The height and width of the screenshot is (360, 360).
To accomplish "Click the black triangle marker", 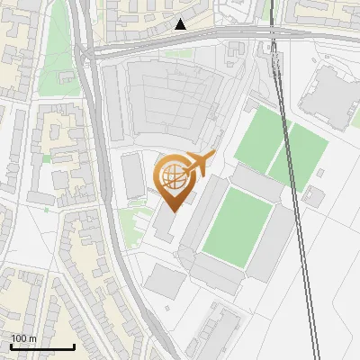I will pos(181,24).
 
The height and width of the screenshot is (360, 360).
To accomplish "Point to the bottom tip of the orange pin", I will pos(174,211).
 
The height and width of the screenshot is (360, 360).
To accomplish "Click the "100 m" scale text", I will pos(23,338).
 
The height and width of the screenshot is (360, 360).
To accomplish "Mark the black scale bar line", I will pos(42,346).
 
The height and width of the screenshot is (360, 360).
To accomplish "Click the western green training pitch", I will pos(262,139).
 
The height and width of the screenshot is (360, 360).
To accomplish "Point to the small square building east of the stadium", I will pos(313,195).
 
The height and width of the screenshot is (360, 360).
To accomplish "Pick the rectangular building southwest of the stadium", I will pos(165,281).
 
